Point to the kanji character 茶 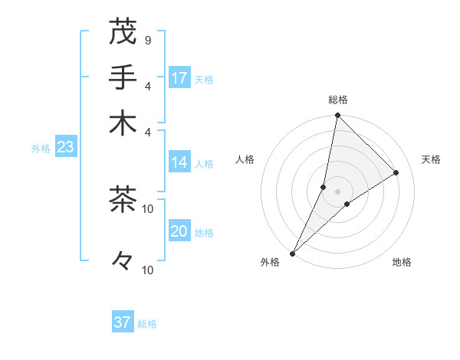[123, 199]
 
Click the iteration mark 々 [123, 261]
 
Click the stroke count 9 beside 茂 [148, 40]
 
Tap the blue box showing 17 [179, 77]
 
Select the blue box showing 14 [179, 162]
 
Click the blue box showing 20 [179, 232]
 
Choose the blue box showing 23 [65, 148]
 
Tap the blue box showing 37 [123, 322]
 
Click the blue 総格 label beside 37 [147, 324]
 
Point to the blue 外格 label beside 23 [41, 149]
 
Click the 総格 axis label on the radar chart [338, 100]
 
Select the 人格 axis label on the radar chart [245, 159]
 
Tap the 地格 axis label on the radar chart [402, 263]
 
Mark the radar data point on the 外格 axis [293, 254]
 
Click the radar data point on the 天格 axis [396, 172]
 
